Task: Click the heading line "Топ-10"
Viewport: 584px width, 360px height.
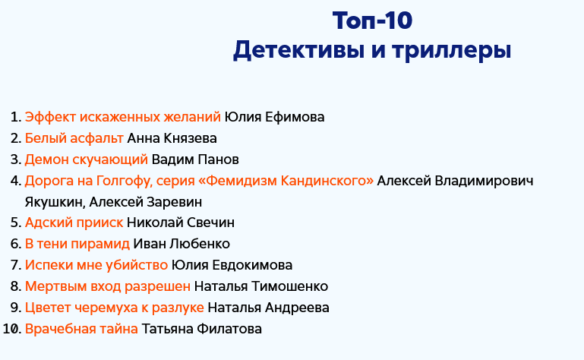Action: coord(372,20)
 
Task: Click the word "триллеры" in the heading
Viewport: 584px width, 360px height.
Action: coord(451,50)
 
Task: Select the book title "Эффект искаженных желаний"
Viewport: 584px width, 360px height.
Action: coord(123,117)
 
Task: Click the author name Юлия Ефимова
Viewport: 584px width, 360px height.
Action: coord(274,117)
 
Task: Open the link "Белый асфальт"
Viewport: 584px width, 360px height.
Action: coord(74,138)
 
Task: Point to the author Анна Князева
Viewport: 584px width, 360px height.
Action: coord(172,138)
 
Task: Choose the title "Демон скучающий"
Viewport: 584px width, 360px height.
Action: coord(87,159)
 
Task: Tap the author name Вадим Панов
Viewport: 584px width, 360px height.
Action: coord(195,159)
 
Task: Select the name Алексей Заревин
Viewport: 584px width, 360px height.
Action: coord(146,202)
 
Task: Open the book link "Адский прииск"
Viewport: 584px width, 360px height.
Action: coord(74,223)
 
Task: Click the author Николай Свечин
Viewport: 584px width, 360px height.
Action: coord(181,223)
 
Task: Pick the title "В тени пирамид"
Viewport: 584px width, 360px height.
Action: coord(77,244)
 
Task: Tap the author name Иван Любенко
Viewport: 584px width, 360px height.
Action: coord(182,244)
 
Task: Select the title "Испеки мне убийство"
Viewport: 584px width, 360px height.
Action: coord(96,265)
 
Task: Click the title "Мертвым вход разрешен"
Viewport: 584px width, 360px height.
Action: coord(108,286)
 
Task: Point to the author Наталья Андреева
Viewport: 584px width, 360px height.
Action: coord(268,308)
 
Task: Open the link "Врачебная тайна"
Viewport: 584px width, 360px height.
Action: coord(81,329)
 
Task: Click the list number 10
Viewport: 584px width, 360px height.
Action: coord(11,329)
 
